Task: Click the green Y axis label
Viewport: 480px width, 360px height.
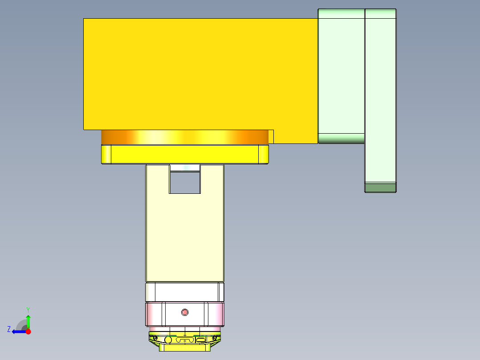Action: (28, 309)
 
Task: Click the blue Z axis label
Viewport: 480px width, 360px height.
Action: (9, 329)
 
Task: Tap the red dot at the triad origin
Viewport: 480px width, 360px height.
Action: (28, 331)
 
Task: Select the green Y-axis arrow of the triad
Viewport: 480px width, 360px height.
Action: (28, 321)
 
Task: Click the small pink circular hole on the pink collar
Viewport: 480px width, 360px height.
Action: (185, 312)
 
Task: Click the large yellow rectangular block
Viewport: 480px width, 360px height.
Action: (200, 74)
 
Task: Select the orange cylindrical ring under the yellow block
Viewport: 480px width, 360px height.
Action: (184, 137)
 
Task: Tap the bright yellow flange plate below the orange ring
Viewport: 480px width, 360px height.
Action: (184, 154)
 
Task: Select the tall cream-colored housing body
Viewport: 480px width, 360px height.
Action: (185, 236)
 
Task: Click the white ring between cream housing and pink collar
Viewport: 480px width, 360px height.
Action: (185, 292)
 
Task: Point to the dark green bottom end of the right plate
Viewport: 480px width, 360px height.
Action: (380, 188)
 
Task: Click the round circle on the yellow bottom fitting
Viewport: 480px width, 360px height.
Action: (168, 340)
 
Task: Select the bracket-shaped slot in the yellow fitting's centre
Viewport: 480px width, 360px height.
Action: (184, 340)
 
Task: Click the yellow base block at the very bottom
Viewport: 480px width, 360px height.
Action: (184, 348)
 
